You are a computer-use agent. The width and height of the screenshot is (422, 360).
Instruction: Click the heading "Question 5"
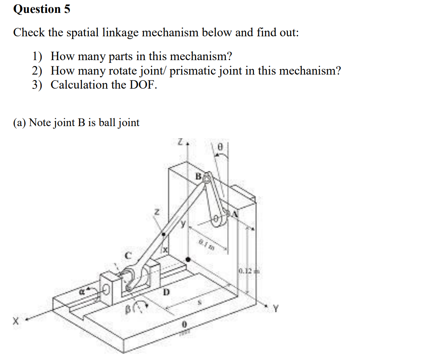[42, 9]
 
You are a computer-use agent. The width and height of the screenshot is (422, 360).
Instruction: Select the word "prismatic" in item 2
[194, 71]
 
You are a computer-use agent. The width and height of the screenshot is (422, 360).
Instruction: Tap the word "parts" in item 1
[121, 57]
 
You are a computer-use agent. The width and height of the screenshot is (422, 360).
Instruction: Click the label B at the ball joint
[198, 176]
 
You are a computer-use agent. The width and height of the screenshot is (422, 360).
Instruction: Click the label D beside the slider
[166, 291]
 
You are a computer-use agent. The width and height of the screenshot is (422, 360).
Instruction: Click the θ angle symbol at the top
[219, 148]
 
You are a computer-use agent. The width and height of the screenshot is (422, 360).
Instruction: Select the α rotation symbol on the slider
[82, 290]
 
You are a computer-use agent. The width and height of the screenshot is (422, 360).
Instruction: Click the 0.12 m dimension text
[245, 271]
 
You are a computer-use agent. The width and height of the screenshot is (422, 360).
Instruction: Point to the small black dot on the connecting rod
[164, 235]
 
